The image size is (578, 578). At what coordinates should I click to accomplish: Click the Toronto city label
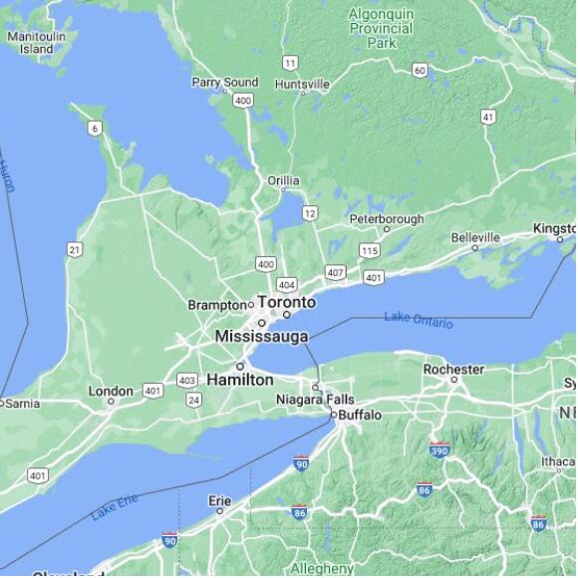(287, 302)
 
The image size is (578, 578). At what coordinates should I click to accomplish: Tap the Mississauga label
(261, 337)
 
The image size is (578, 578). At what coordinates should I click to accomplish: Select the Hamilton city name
(240, 380)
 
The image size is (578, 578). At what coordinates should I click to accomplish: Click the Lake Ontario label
(419, 320)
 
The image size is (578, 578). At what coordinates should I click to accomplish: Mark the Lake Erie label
(114, 508)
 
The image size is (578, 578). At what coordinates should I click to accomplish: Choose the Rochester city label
(453, 369)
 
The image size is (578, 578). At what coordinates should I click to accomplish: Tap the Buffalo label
(360, 414)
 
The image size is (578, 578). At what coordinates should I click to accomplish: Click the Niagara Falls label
(315, 400)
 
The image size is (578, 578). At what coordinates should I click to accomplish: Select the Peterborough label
(386, 219)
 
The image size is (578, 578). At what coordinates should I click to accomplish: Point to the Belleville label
(475, 237)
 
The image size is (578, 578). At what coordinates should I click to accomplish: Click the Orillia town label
(283, 180)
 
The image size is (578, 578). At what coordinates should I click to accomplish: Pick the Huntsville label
(303, 85)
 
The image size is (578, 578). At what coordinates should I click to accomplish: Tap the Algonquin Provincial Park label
(381, 28)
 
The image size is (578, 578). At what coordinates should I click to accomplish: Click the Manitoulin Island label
(31, 42)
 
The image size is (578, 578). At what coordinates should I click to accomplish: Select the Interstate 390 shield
(439, 450)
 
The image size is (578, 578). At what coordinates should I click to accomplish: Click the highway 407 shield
(335, 272)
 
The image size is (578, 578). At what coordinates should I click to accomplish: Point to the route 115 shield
(370, 251)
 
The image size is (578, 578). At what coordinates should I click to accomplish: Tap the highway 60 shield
(420, 70)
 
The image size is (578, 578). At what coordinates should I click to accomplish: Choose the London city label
(111, 391)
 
